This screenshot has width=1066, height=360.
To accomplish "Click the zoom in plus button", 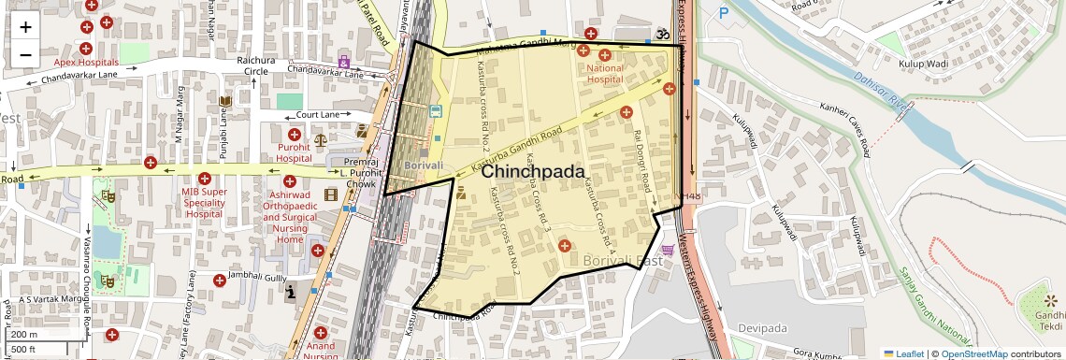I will pos(25,26).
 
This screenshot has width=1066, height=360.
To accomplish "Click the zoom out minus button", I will pos(25,54).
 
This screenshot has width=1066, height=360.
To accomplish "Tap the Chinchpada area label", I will pos(532,173).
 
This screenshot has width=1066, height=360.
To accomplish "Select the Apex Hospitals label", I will pos(86,62).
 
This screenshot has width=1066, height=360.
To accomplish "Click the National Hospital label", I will pos(604,74).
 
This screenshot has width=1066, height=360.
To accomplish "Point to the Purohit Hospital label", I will pos(294,153).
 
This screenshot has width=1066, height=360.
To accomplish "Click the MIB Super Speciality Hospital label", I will pos(205,203).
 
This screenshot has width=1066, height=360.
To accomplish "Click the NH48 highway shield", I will pos(691,196).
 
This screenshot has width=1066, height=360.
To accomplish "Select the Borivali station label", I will pos(423,166).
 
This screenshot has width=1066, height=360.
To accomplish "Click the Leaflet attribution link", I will pos(903,353).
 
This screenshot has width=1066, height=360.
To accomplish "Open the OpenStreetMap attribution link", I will pos(973,353).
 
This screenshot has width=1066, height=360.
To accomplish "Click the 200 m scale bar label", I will pos(24,334).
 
